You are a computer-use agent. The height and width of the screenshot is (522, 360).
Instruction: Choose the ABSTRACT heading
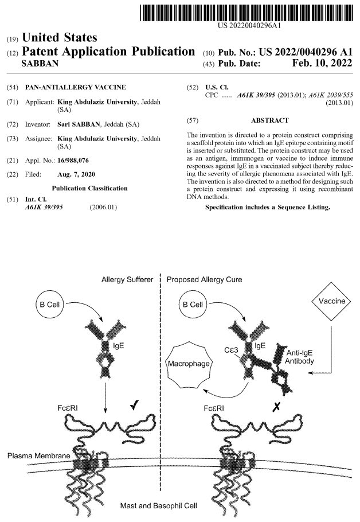tap(269, 120)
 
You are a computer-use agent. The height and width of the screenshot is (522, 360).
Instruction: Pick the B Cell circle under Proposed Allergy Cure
tap(193, 305)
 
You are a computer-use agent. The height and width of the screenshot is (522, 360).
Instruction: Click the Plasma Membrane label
tap(38, 455)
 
